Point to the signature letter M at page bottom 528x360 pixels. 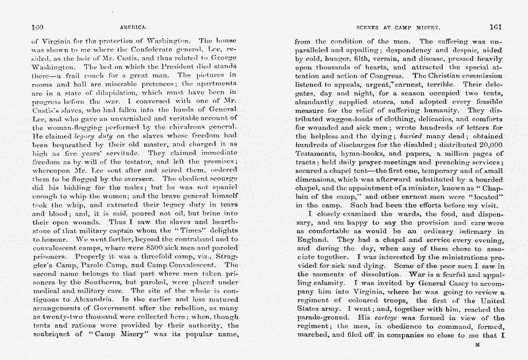point(477,343)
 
